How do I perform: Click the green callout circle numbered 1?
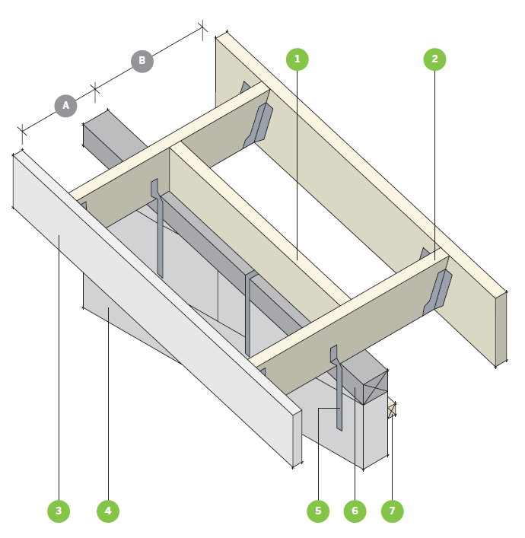(x=297, y=59)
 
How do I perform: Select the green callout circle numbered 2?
(x=434, y=59)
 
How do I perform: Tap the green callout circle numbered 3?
(x=59, y=511)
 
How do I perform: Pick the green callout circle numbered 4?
(x=108, y=511)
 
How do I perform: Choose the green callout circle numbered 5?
(x=318, y=511)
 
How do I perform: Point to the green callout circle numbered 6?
(x=355, y=511)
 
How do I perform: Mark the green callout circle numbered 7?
(x=392, y=511)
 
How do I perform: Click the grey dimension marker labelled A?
(x=65, y=106)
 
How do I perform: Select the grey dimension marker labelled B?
(x=142, y=61)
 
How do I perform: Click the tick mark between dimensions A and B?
(x=95, y=90)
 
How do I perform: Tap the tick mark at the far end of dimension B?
(x=202, y=28)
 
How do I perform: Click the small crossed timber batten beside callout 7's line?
(x=392, y=410)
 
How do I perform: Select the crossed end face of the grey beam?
(x=375, y=388)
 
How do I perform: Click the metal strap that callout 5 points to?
(x=337, y=388)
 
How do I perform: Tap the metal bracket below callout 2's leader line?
(x=437, y=291)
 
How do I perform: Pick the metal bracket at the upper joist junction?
(x=259, y=126)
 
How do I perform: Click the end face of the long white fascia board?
(x=297, y=439)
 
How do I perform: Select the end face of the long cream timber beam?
(x=501, y=329)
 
